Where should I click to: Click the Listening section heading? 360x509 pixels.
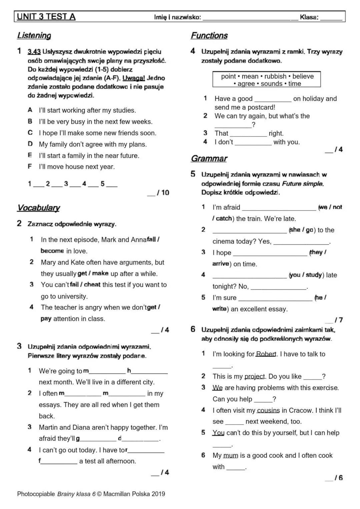[34, 36]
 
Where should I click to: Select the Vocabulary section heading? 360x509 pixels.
[38, 208]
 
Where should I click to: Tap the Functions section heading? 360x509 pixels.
[209, 36]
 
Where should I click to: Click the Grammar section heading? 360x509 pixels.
[209, 159]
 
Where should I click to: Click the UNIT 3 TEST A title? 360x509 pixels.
[46, 17]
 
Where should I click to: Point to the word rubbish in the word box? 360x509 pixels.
[275, 76]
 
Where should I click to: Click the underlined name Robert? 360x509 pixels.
[266, 354]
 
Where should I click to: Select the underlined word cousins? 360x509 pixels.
[268, 410]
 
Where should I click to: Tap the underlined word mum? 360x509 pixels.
[231, 455]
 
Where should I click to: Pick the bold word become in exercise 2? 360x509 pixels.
[52, 251]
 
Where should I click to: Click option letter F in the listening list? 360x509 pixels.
[30, 167]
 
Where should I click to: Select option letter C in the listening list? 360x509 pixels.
[30, 133]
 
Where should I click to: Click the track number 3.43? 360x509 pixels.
[34, 52]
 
